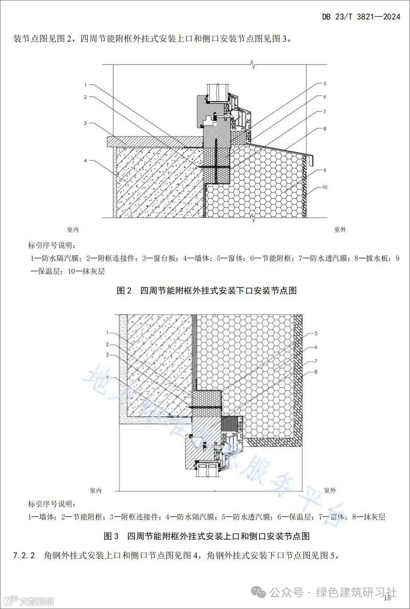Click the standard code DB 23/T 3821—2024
click(x=361, y=17)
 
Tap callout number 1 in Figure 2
click(x=85, y=84)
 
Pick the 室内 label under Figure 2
click(x=73, y=230)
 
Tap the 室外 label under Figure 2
click(x=340, y=230)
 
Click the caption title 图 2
click(x=124, y=291)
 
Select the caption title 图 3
click(x=111, y=536)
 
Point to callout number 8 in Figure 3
click(x=316, y=372)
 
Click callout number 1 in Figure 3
click(x=107, y=332)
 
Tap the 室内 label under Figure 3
click(x=95, y=490)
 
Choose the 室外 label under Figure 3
click(x=330, y=490)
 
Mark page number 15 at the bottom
click(x=387, y=598)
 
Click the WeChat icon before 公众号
click(x=259, y=592)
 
